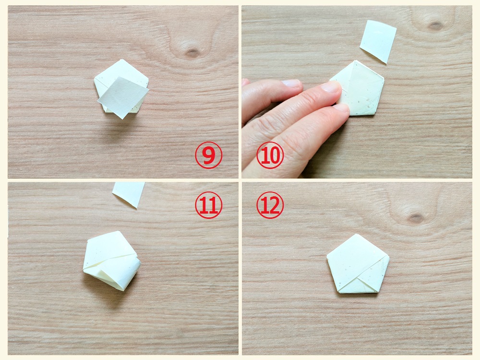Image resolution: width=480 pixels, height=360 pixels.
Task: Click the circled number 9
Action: [x=208, y=155]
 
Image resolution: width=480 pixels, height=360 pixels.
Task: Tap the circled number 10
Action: [x=270, y=155]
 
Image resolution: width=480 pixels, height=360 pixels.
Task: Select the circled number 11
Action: [x=208, y=205]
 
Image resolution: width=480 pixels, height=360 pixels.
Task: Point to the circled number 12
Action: [x=270, y=205]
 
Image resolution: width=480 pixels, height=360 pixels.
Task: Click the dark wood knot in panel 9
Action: [x=192, y=53]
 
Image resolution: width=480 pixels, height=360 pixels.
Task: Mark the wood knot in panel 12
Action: [x=416, y=218]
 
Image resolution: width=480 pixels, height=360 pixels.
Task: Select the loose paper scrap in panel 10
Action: [x=378, y=41]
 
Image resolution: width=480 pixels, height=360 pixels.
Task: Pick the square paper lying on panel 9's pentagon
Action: [x=123, y=97]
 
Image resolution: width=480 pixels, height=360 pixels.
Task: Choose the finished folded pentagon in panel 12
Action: [x=358, y=264]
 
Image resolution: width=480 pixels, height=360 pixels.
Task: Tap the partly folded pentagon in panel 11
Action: [x=112, y=261]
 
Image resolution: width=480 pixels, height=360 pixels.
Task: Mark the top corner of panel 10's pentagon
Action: [x=355, y=60]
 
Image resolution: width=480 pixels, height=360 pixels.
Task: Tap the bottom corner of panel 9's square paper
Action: [x=122, y=119]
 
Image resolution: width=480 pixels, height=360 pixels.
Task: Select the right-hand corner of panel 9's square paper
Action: [x=149, y=89]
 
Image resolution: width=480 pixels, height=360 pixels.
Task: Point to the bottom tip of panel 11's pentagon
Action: [x=123, y=290]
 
